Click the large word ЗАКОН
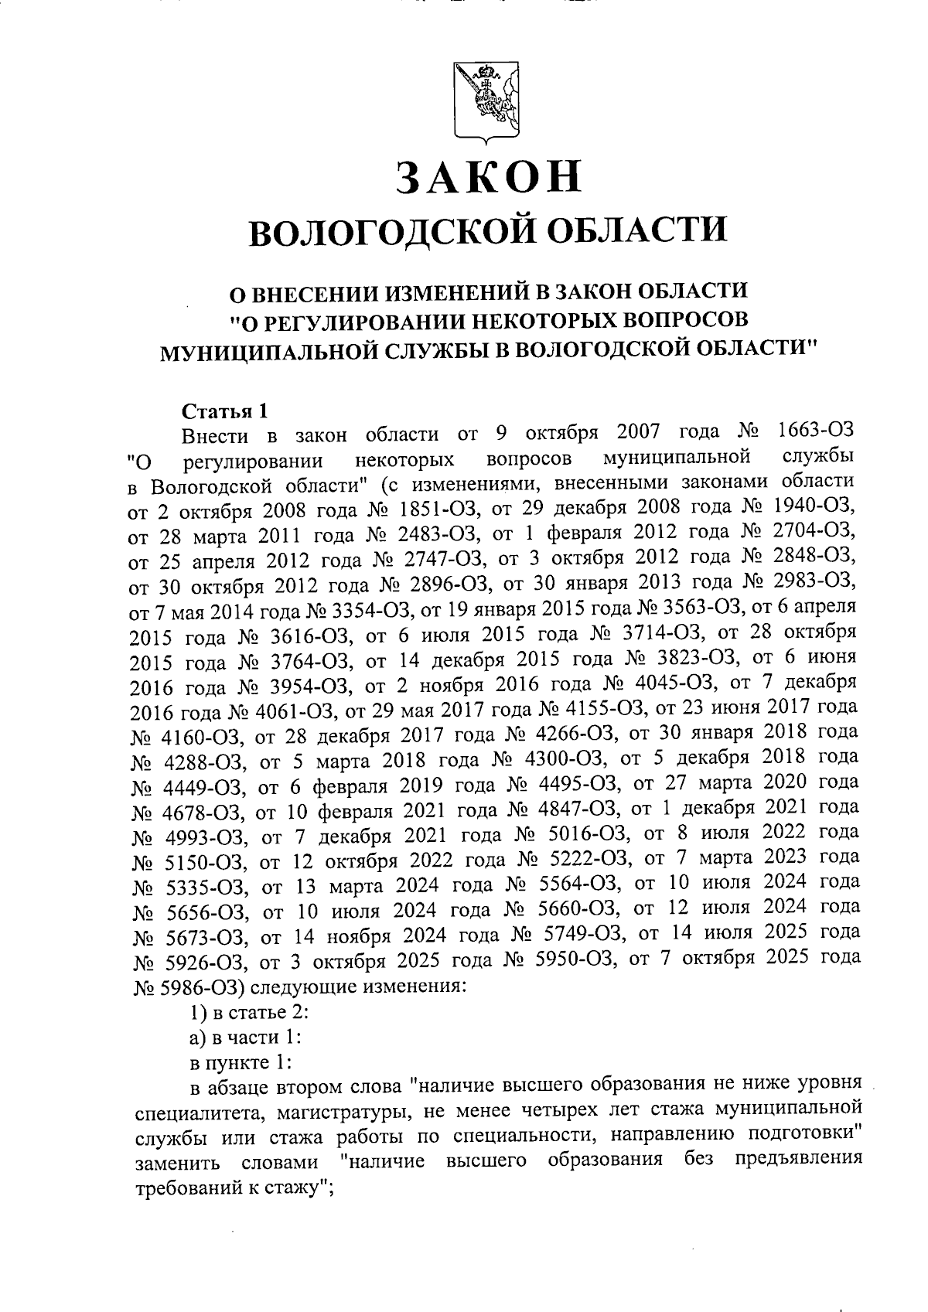(488, 177)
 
